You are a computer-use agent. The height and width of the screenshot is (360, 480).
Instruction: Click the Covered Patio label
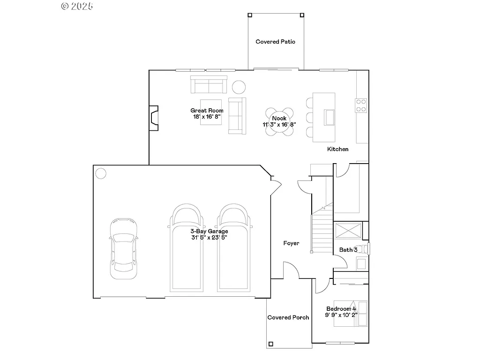[x=276, y=42]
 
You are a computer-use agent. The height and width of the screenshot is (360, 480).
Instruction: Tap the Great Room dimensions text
[x=207, y=117]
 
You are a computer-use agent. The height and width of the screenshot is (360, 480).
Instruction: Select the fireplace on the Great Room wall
[x=153, y=117]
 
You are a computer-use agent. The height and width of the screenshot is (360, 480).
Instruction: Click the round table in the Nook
[x=279, y=122]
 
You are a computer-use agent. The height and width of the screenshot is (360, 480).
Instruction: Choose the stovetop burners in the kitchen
[x=361, y=105]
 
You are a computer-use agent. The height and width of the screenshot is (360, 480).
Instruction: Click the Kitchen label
[x=337, y=149]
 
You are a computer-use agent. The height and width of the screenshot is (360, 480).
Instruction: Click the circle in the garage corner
[x=101, y=173]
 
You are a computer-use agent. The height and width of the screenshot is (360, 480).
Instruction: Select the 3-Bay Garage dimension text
[x=209, y=238]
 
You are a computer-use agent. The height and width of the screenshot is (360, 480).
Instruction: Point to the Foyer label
[x=291, y=243]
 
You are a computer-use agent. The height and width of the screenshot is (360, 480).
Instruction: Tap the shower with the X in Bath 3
[x=348, y=231]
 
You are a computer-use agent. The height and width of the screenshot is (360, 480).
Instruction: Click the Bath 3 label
[x=348, y=250]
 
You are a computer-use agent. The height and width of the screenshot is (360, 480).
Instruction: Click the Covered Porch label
[x=288, y=317]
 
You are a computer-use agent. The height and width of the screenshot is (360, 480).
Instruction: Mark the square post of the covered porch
[x=270, y=344]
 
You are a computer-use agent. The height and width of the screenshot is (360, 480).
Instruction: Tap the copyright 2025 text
[x=77, y=6]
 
